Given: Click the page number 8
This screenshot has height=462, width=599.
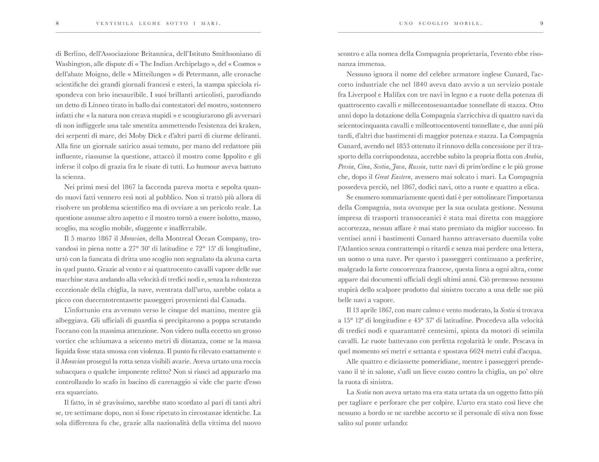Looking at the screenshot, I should (57, 24).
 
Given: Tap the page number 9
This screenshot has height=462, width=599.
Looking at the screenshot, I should (541, 24).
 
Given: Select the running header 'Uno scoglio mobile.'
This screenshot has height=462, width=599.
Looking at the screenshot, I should (441, 24).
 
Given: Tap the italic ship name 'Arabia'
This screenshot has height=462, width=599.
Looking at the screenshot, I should (533, 157).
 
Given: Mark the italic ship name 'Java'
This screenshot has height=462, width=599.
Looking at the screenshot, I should (398, 167).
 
